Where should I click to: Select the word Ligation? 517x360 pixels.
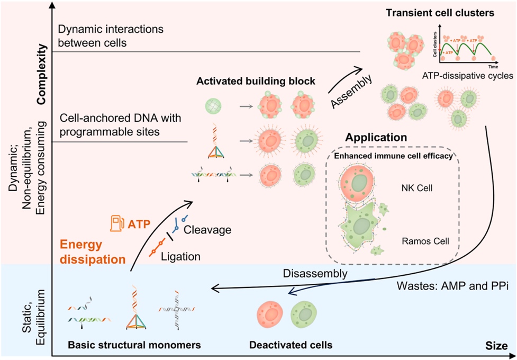[181, 256]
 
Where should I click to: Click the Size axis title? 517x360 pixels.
[497, 346]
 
